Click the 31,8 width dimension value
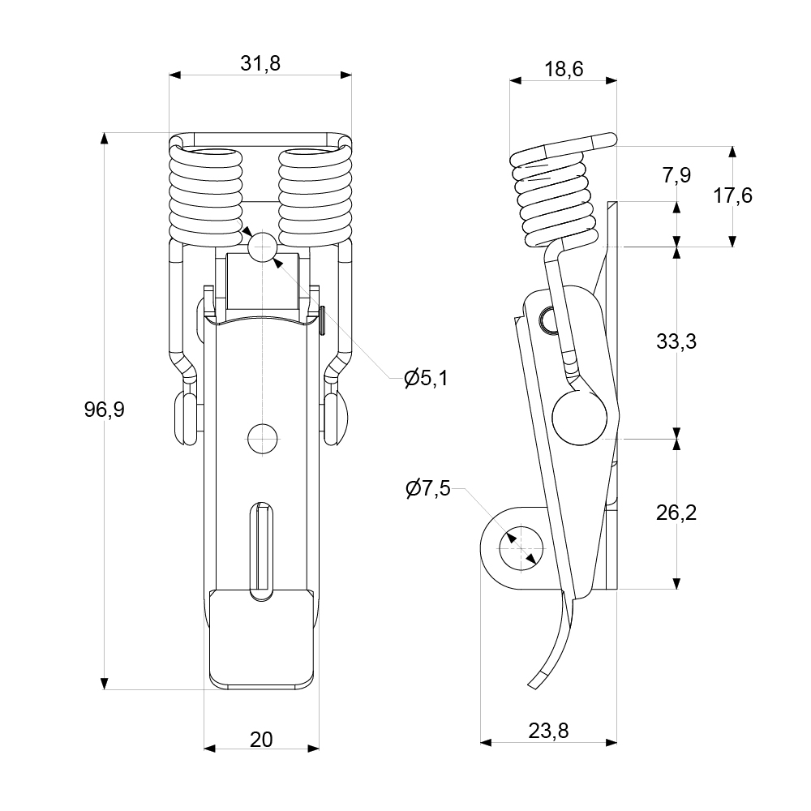[260, 64]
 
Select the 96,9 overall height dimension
[104, 410]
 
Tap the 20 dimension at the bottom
[260, 739]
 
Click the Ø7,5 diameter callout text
[427, 489]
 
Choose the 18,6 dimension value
[564, 69]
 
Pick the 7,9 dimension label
[676, 174]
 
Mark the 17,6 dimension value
[732, 195]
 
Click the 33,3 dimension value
[676, 341]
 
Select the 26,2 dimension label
[676, 513]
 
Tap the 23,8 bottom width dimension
[549, 731]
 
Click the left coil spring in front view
[206, 196]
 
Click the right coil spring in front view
[315, 196]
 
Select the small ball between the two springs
[262, 247]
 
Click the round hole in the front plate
[262, 438]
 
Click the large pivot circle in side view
[579, 416]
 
